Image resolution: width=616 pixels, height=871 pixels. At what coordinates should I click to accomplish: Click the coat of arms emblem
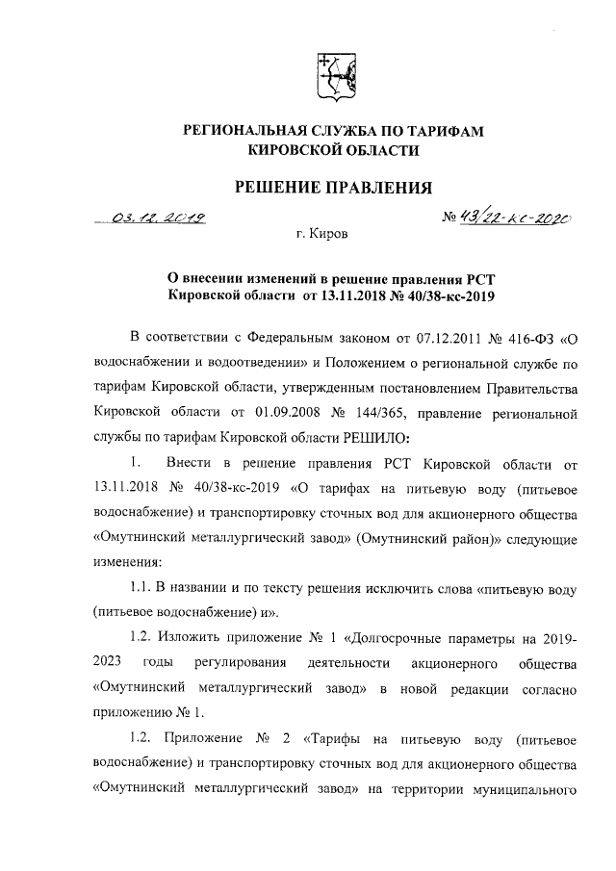click(333, 76)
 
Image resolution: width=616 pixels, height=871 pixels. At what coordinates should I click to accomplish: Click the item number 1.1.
click(142, 586)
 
